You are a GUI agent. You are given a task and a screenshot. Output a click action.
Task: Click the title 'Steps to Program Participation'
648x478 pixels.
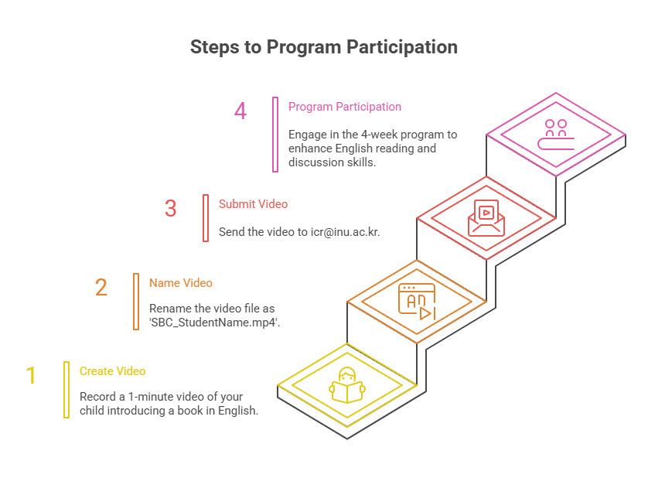point(323,47)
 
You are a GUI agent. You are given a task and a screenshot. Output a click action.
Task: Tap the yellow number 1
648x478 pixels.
point(31,375)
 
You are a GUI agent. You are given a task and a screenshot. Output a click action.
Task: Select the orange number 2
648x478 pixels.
point(101,288)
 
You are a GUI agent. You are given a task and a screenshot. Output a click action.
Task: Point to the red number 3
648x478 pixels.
point(170,208)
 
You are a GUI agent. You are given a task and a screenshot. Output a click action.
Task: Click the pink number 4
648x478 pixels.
point(240,111)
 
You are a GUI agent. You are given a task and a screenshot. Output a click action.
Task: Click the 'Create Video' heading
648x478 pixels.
point(112,371)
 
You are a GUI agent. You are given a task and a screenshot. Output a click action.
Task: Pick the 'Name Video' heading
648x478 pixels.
point(181,283)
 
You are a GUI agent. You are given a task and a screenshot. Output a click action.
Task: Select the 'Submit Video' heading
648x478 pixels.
point(253,204)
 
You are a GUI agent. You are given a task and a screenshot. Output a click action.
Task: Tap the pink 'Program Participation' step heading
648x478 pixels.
point(345,107)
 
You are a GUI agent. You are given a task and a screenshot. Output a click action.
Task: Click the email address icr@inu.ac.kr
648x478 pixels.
point(345,231)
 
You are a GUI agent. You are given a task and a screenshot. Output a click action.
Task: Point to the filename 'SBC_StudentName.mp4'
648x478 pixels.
point(214,323)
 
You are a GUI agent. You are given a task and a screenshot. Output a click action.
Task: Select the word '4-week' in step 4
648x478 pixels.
point(379,135)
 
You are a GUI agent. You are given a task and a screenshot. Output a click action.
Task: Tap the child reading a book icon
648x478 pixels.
point(347,385)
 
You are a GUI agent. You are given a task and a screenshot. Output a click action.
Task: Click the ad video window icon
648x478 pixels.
point(417,302)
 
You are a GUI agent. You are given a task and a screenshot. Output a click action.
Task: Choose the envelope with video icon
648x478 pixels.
point(486,218)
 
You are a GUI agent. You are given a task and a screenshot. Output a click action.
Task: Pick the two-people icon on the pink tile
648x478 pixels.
point(556,135)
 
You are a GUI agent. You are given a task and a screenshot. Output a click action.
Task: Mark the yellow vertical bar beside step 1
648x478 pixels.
point(67,390)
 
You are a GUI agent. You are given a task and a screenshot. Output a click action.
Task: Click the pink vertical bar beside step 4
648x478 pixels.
point(275,135)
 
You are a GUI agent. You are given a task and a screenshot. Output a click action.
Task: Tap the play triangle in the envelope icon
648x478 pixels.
point(487,213)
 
